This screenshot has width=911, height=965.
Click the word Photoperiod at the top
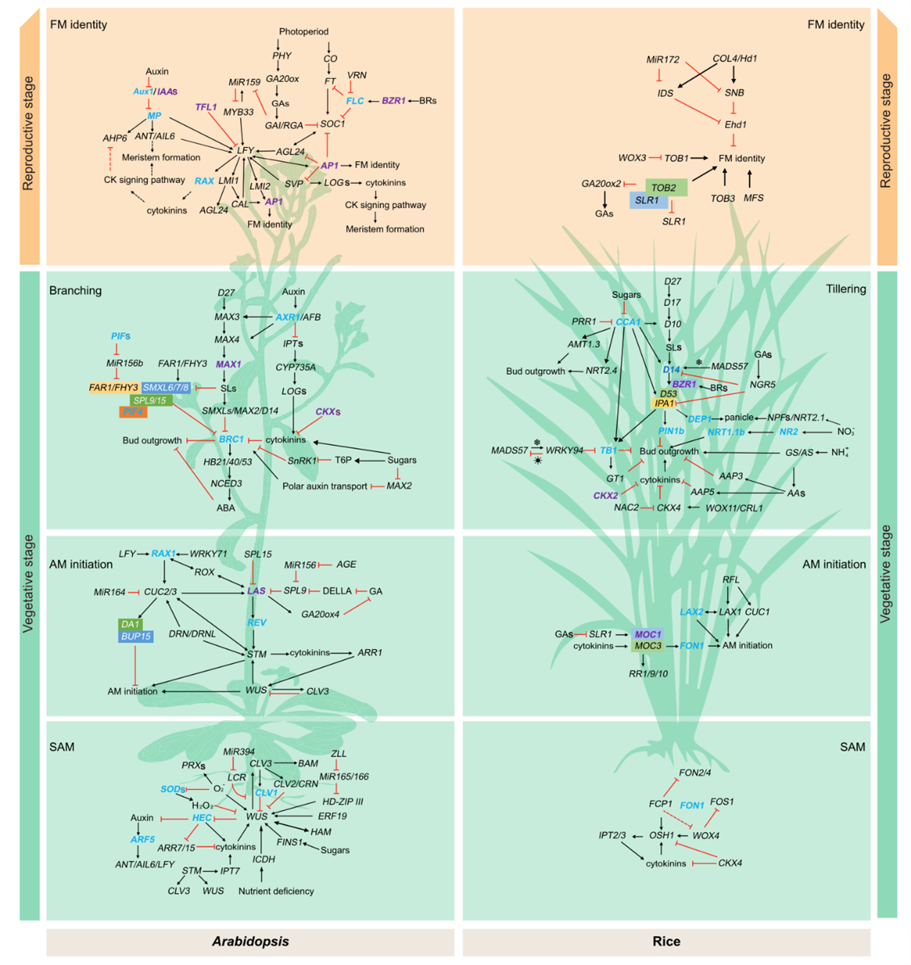(x=303, y=32)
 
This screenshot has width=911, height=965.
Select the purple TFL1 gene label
(x=205, y=107)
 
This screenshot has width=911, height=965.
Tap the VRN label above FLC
(x=356, y=75)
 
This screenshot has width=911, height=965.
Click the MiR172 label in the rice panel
(x=662, y=60)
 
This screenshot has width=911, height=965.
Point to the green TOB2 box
(x=665, y=187)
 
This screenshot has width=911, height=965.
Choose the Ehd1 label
(x=735, y=124)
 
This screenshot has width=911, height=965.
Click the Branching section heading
(x=75, y=291)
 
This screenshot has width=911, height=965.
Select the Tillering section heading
(x=846, y=289)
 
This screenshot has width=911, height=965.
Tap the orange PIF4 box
(x=133, y=411)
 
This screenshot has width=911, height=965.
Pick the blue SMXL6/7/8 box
(x=166, y=388)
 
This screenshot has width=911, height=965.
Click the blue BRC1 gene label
(x=231, y=439)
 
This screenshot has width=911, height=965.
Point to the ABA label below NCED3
(x=226, y=508)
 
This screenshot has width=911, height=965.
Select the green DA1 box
(x=130, y=624)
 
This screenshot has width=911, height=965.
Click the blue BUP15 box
(x=136, y=636)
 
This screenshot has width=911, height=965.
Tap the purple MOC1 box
(x=647, y=634)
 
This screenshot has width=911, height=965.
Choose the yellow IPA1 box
(x=664, y=404)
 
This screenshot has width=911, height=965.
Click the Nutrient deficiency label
(x=276, y=891)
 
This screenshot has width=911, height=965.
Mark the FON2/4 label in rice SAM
(x=695, y=773)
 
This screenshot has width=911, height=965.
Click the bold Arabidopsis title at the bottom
(x=250, y=941)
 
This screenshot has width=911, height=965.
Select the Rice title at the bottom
(x=666, y=941)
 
